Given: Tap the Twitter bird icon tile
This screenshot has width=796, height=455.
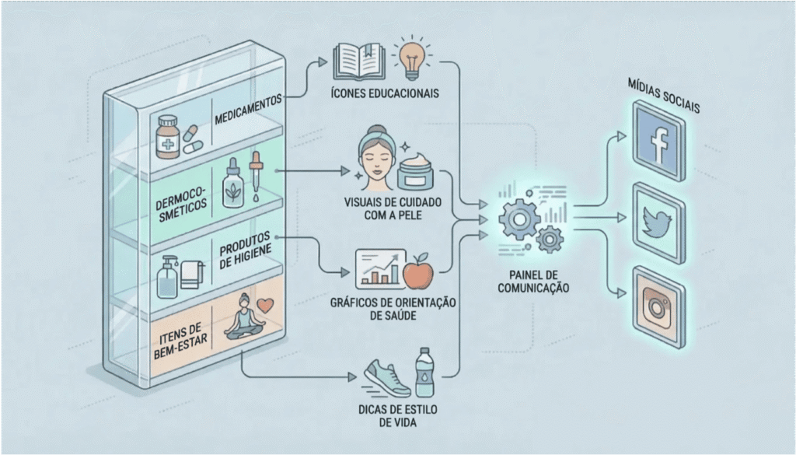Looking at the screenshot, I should [659, 220].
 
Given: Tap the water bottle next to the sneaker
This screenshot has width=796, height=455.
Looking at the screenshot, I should [424, 372].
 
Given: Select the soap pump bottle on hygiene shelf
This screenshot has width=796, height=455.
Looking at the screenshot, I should [167, 275].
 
